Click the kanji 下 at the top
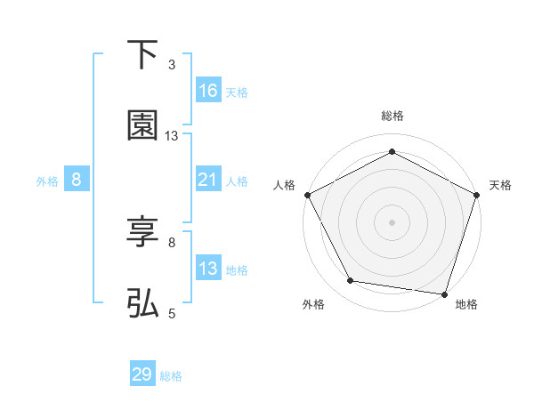(x=142, y=55)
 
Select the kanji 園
(x=142, y=125)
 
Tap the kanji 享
(x=142, y=233)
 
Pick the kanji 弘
(x=142, y=304)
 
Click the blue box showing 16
(x=208, y=91)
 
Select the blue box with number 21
(x=208, y=180)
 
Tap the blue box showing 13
(x=208, y=269)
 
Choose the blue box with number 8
(x=77, y=180)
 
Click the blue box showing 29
(x=142, y=374)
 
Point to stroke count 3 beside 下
(x=172, y=64)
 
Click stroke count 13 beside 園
(x=172, y=136)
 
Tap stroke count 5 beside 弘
(x=172, y=313)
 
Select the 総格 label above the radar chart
(x=392, y=116)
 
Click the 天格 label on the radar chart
(x=500, y=185)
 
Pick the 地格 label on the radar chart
(x=466, y=304)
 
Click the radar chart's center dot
(x=392, y=221)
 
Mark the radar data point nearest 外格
(x=351, y=281)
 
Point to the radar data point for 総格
(x=392, y=151)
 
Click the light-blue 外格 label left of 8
(x=47, y=181)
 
